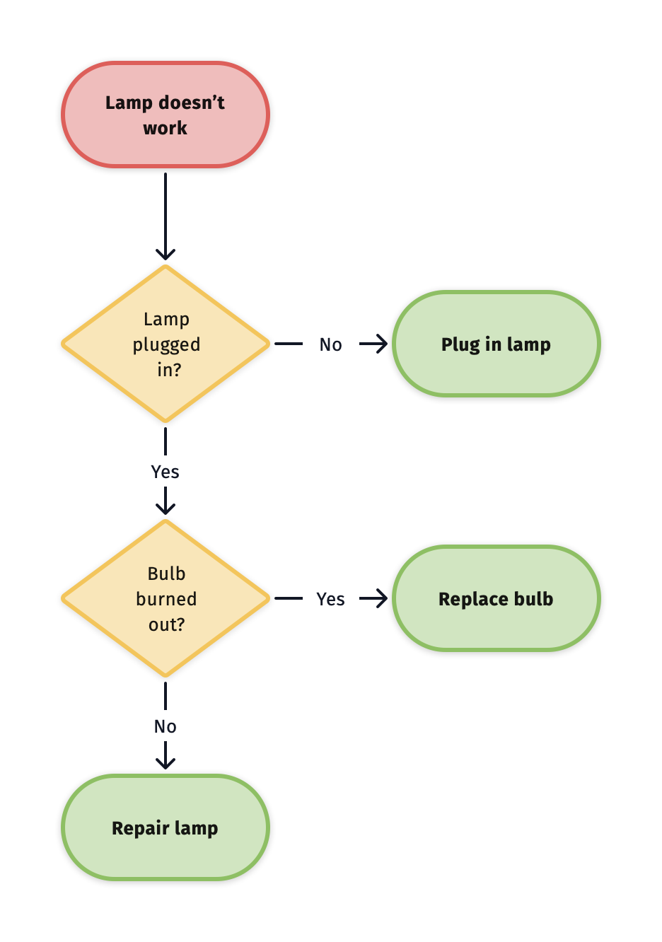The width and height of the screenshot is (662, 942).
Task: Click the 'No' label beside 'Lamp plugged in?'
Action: point(330,344)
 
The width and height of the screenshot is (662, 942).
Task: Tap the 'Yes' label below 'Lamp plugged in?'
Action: point(165,472)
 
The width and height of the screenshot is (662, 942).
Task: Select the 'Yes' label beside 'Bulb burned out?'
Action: point(330,599)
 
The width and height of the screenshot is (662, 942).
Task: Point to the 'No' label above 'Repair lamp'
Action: point(165,726)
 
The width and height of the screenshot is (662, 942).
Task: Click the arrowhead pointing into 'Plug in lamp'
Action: point(381,344)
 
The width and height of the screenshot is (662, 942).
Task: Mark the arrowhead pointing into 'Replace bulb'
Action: point(381,599)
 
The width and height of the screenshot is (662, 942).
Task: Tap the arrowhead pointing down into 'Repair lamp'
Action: point(165,762)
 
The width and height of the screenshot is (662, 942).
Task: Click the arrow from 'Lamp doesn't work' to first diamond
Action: point(165,212)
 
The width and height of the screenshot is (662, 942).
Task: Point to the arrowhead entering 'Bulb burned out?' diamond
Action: point(165,508)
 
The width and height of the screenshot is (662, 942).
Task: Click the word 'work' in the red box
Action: point(165,128)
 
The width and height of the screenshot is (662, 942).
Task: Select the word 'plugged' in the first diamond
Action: point(166,345)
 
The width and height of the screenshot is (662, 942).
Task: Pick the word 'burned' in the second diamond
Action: point(166,599)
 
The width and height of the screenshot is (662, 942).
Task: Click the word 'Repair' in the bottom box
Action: point(140,828)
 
